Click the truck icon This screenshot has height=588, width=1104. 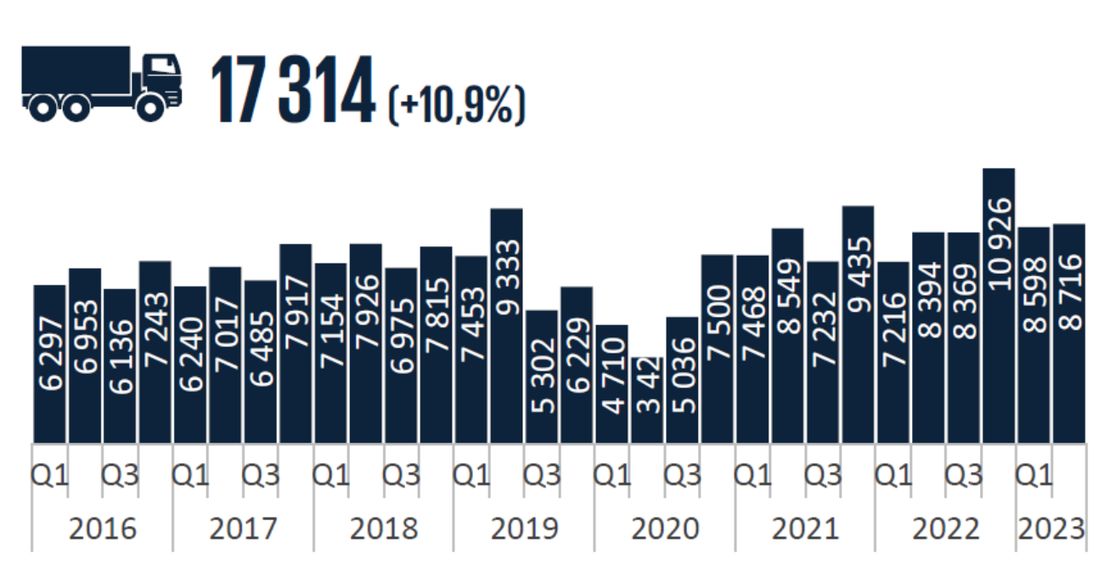(102, 82)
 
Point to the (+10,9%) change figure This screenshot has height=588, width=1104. (457, 102)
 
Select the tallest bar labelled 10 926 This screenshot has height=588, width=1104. (999, 306)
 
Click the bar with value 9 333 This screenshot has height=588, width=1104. (506, 325)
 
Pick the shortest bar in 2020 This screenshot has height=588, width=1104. (647, 399)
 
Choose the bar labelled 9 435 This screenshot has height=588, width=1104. (858, 325)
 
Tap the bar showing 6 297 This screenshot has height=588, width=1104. (49, 364)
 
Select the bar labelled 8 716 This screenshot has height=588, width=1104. (1069, 333)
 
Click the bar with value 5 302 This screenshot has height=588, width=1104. (542, 376)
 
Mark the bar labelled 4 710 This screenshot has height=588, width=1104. (612, 383)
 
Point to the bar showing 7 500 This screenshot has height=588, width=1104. (718, 348)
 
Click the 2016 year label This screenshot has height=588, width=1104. (102, 529)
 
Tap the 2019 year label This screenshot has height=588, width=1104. (524, 529)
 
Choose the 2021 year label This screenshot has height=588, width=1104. (805, 529)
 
